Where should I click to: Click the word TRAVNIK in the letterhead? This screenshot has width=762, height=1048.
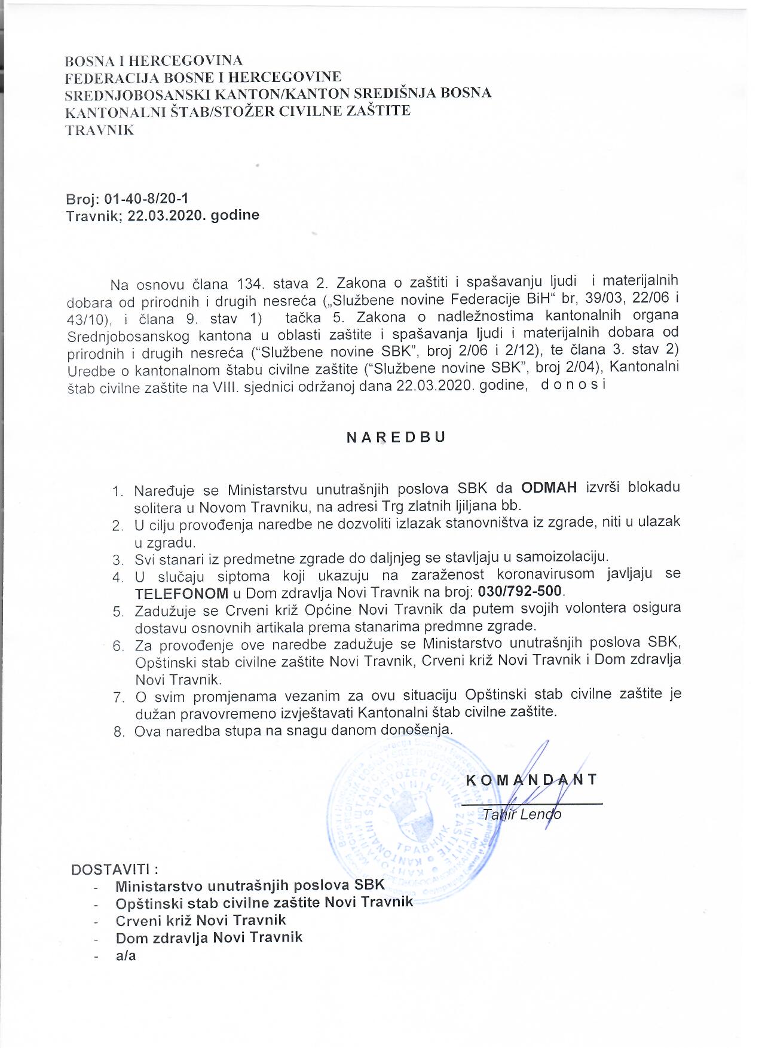pos(100,130)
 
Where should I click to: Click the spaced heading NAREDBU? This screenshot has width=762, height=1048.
pos(396,437)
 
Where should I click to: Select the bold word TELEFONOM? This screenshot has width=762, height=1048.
pos(182,593)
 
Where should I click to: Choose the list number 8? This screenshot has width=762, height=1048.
pos(118,732)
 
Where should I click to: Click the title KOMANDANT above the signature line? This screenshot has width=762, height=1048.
pos(531,780)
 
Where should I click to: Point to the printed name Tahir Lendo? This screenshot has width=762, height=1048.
pos(522,814)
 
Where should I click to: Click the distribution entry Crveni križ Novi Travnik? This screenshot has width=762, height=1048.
pos(201,920)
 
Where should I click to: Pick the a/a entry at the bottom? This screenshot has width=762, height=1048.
pos(126,955)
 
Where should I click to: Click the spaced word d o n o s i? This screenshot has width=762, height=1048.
pos(573,384)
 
